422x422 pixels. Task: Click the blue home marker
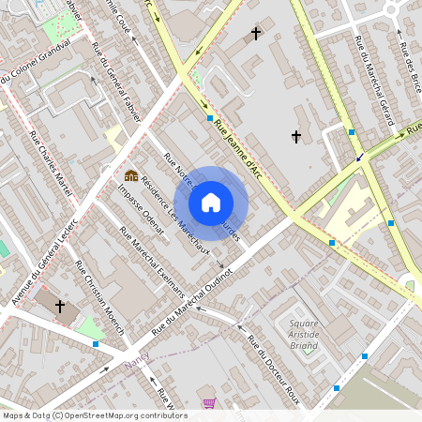point(211,203)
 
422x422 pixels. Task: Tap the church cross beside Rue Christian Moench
point(60,306)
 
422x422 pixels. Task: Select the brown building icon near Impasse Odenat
point(131,175)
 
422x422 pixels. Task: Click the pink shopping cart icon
point(208,403)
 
